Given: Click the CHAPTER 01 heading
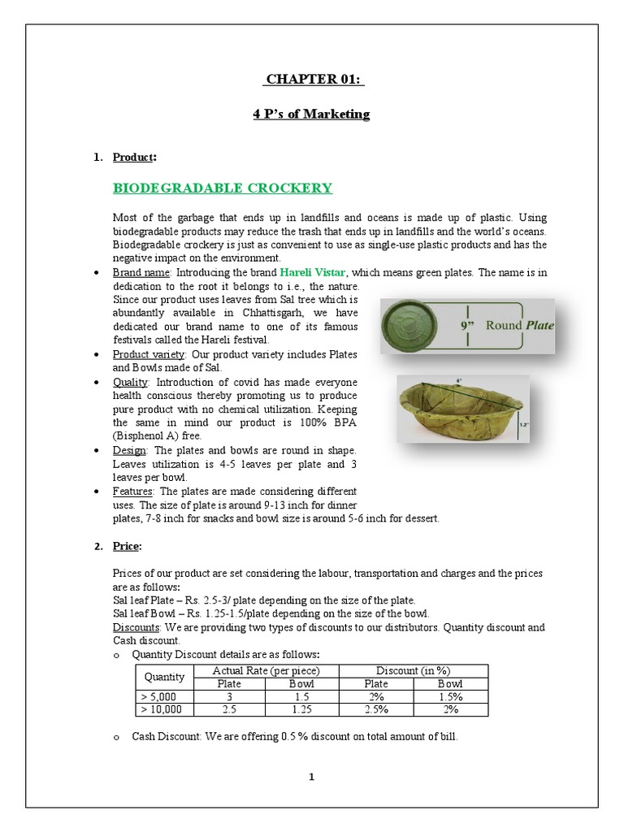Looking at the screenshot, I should (x=313, y=79).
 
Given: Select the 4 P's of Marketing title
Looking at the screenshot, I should (x=311, y=114).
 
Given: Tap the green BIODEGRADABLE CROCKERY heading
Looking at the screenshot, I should (x=222, y=188).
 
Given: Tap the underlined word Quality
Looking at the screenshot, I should (x=130, y=382).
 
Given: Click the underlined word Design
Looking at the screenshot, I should (x=129, y=450).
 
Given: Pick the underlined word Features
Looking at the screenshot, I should (x=133, y=491).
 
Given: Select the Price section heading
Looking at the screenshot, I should (x=126, y=546).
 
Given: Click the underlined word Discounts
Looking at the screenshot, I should (x=134, y=628).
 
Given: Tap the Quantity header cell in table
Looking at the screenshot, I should (x=164, y=677).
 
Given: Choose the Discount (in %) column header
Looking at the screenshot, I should (x=413, y=670).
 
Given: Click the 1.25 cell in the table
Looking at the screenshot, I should (x=301, y=709).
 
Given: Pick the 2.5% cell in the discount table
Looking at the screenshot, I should (x=375, y=709).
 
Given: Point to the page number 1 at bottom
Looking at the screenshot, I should (x=311, y=777).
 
